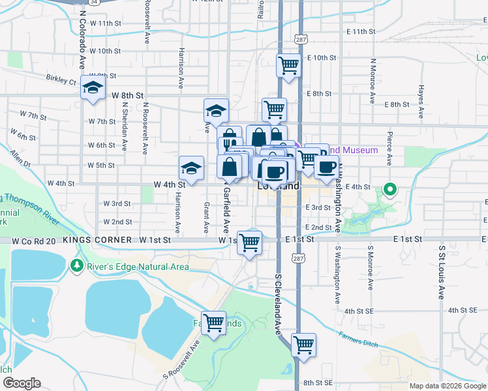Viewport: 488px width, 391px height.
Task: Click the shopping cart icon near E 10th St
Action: pos(288,65)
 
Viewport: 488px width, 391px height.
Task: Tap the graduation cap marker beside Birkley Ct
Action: pos(93,88)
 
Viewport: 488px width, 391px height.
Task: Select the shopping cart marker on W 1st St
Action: pos(249,242)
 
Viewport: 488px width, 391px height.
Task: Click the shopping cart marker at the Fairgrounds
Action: pos(214,323)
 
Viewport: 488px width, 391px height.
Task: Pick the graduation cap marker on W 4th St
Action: pos(191,167)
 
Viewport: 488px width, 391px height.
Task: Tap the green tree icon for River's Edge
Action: pos(76,266)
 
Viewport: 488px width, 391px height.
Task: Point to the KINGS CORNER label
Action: pos(97,240)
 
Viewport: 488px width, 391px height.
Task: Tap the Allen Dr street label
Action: pos(20,160)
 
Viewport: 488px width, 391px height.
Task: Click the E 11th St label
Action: pos(360,31)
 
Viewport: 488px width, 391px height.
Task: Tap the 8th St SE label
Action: pos(318,383)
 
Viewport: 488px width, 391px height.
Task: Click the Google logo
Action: pos(22,383)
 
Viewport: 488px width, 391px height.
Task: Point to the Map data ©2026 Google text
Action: pos(447,386)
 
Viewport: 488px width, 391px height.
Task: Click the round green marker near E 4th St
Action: pos(390,190)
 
